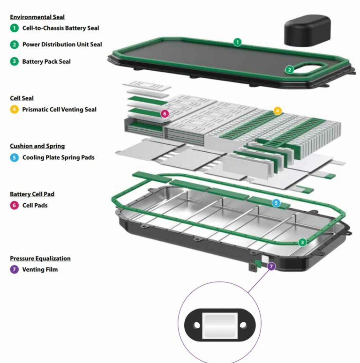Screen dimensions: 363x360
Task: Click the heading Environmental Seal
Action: pos(37,17)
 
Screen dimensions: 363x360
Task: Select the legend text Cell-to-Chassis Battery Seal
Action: pos(60,28)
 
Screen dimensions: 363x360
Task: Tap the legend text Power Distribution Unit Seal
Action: pos(62,45)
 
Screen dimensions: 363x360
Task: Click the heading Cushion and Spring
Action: pos(37,146)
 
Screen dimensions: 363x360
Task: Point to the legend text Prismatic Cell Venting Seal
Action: pos(59,110)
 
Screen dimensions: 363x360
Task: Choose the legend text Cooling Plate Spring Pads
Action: pos(58,157)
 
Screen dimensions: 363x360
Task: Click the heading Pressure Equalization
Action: pos(40,258)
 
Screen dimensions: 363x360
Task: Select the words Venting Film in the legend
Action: pos(40,269)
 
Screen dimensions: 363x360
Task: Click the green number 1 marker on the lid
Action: pos(238,42)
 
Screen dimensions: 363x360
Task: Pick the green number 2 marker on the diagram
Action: pos(290,70)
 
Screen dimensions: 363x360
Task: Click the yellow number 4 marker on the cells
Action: pos(277,111)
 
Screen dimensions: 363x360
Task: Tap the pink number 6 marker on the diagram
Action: pos(164,113)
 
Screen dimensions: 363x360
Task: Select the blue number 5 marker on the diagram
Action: pos(276,203)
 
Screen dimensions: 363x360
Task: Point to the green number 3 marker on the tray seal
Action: pos(303,242)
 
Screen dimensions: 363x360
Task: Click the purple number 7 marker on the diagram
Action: pos(271,266)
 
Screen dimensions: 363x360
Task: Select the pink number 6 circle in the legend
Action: pos(15,205)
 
